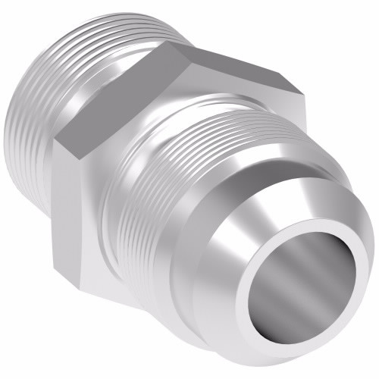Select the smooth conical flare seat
point(250,227)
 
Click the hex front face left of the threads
point(83,220)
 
